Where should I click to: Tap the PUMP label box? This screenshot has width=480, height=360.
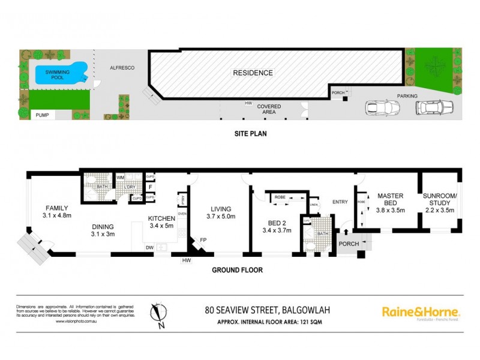tap(43, 115)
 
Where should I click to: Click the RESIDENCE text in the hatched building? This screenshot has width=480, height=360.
tap(253, 73)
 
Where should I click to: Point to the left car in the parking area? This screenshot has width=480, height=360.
tap(379, 108)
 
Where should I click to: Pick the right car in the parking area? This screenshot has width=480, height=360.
tap(434, 107)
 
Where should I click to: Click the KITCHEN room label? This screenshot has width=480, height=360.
tap(161, 223)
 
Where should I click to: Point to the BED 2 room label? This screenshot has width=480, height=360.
tap(276, 226)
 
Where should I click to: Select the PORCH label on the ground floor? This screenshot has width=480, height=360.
tap(348, 244)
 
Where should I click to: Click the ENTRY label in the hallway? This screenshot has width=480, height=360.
tap(340, 202)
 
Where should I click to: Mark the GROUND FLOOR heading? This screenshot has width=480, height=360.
tap(238, 270)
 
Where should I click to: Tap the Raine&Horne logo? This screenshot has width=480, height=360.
tap(421, 312)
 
